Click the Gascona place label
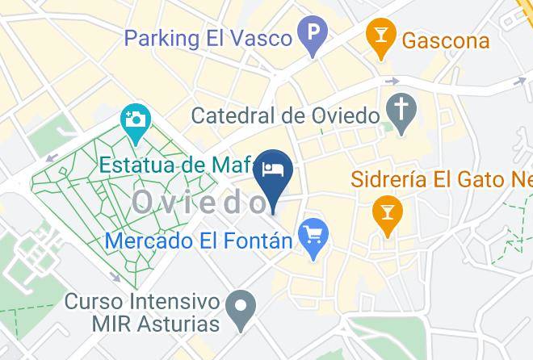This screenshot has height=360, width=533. pos(446,39)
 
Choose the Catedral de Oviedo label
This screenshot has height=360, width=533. pos(285,115)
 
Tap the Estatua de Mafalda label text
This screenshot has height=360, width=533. pos(178,165)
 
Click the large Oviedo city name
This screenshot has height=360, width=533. pos(197,202)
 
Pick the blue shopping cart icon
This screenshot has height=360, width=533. pos(313,237)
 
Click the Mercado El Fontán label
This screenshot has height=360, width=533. pos(199,240)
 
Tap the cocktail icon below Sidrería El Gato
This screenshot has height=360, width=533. pos(388,214)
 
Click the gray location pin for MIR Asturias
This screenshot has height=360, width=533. pos(240,309)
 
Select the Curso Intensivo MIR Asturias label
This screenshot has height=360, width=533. pos(142,312)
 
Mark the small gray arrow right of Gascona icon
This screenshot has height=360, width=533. pos(393,81)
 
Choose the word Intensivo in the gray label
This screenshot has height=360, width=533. pos(171,302)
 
